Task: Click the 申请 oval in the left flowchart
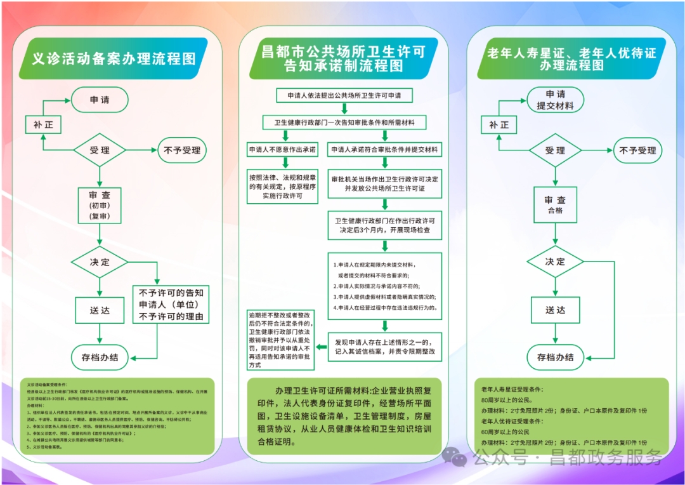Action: (100, 100)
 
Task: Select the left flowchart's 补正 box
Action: (43, 125)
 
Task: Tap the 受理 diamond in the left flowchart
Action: (100, 150)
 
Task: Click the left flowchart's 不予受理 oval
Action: (182, 150)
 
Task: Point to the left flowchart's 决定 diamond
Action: (100, 262)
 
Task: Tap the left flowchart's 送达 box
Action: (100, 310)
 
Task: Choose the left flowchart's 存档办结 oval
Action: (100, 357)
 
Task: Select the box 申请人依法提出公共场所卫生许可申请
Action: (344, 96)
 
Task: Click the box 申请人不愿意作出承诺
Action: (282, 150)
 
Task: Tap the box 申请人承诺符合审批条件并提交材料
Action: (385, 150)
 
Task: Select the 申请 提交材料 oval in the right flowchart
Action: (555, 100)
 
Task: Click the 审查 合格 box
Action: (555, 204)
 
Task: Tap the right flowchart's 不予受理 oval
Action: (637, 150)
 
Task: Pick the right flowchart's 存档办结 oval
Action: (555, 357)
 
